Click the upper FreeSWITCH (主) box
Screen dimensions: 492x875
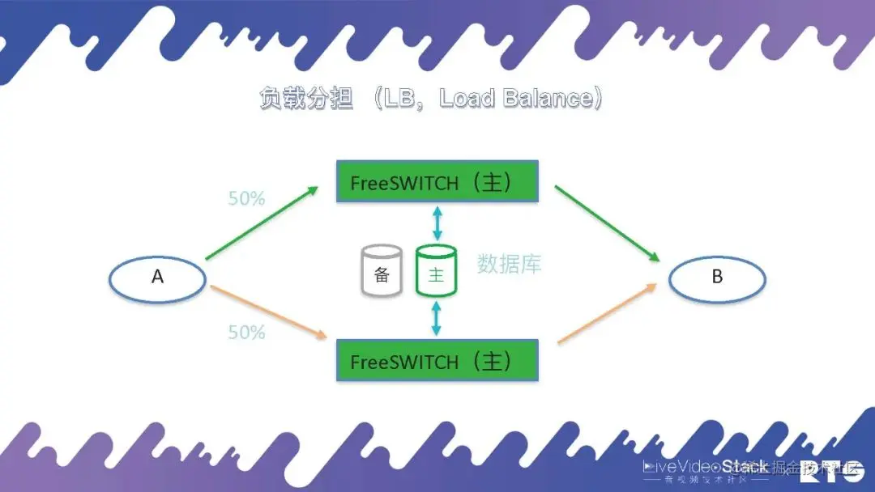[437, 181]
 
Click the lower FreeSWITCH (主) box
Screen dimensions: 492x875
[437, 360]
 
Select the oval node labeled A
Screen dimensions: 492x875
[158, 278]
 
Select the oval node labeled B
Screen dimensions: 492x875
[717, 278]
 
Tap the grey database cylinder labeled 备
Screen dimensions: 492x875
[382, 271]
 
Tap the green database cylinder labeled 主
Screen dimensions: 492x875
[437, 272]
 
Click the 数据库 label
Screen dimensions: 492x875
[509, 263]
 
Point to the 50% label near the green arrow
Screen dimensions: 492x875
[246, 198]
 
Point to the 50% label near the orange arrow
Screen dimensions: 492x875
[246, 332]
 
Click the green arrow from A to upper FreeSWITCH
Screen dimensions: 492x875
[262, 223]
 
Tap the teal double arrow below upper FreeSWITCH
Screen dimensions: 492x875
[437, 222]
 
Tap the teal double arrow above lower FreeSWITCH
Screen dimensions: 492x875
[437, 317]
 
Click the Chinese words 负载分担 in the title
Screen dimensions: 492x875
[306, 99]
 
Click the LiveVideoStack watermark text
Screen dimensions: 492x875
[705, 467]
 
